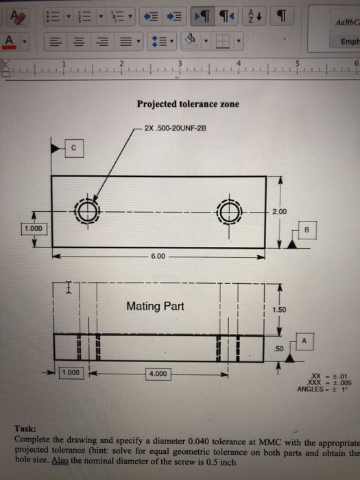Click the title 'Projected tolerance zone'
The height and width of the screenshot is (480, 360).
coord(188,104)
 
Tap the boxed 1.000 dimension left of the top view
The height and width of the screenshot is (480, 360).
coord(33,228)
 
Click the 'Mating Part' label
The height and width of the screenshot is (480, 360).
coord(155,307)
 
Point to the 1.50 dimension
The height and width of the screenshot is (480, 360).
coord(278,310)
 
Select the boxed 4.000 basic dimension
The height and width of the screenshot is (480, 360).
coord(159,374)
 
